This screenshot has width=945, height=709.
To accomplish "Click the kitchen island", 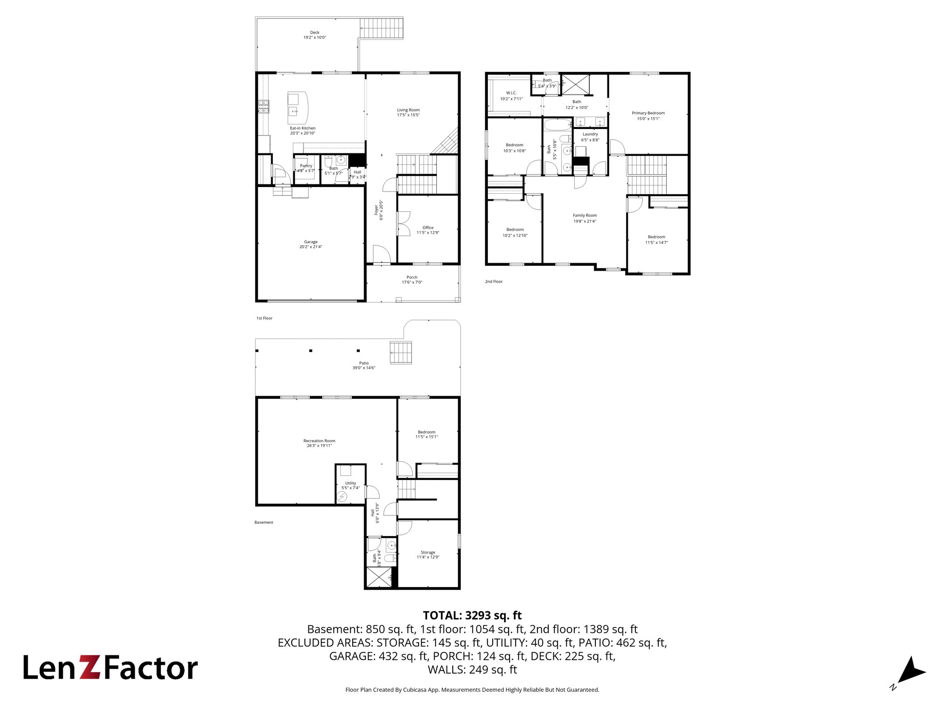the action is click(298, 108).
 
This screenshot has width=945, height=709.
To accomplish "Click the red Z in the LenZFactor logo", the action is click(90, 667).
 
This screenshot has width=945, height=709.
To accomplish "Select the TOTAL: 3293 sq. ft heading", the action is click(472, 616).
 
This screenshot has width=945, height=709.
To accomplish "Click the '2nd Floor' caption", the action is click(494, 281).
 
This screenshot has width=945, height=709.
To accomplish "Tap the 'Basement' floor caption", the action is click(264, 522).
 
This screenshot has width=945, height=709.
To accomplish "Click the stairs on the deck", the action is click(381, 28).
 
